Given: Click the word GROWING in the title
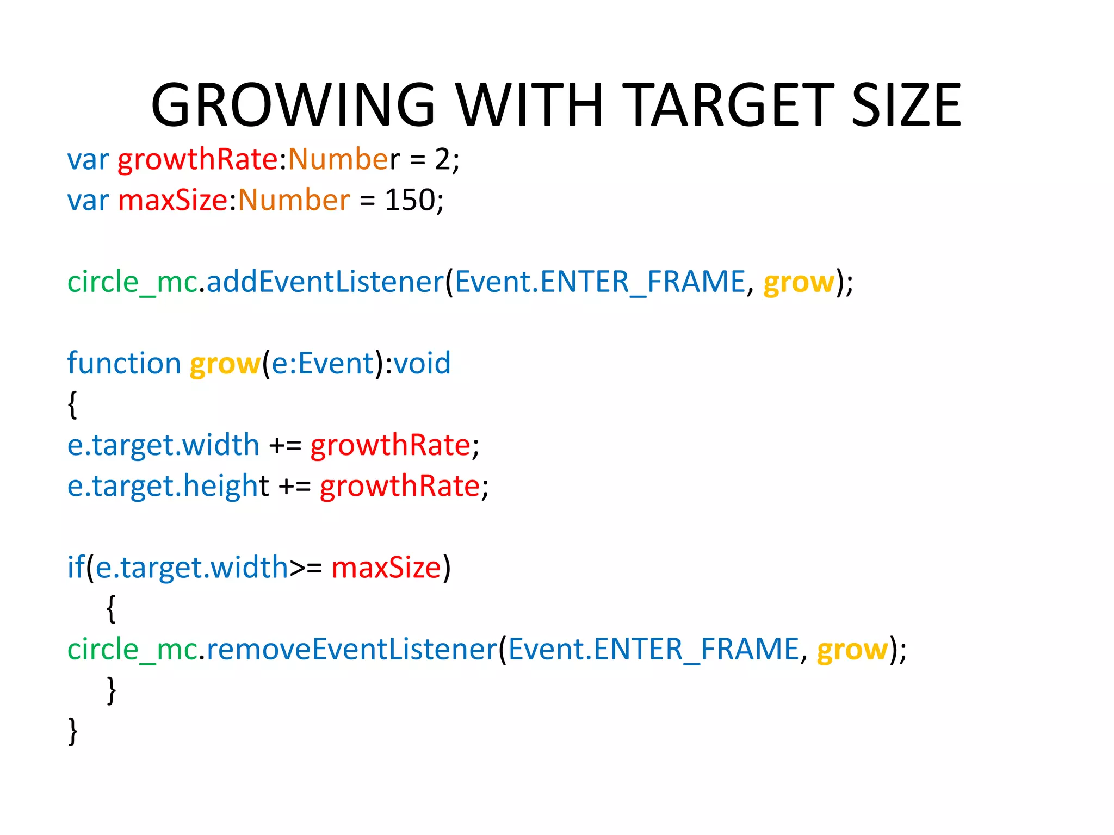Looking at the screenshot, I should tap(294, 104).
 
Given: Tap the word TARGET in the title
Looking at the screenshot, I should tap(727, 104).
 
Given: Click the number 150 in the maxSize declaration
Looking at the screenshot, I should tap(410, 200).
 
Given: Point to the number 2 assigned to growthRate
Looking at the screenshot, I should tap(442, 160).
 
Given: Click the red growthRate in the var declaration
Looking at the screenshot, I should tap(198, 160).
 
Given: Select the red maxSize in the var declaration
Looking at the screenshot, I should tap(172, 200).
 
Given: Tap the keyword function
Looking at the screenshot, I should tap(124, 363).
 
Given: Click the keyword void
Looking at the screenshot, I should tap(422, 363).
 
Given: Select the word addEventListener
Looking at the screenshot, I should tap(325, 282).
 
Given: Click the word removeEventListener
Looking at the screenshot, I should tap(352, 650).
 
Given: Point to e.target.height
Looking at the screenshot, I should tap(168, 486).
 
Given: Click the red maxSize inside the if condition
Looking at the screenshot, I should tap(386, 568).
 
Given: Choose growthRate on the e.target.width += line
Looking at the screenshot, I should tap(390, 445).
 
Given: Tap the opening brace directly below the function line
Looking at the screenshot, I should tap(72, 404).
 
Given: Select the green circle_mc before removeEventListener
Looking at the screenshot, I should tap(132, 650).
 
